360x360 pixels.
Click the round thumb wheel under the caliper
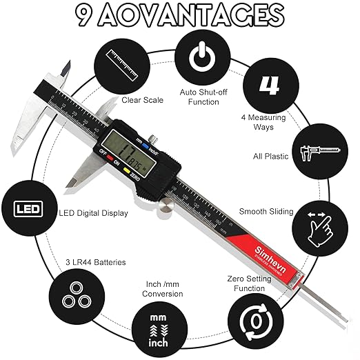pyautogui.click(x=166, y=205)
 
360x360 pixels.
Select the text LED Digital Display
pyautogui.click(x=94, y=213)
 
